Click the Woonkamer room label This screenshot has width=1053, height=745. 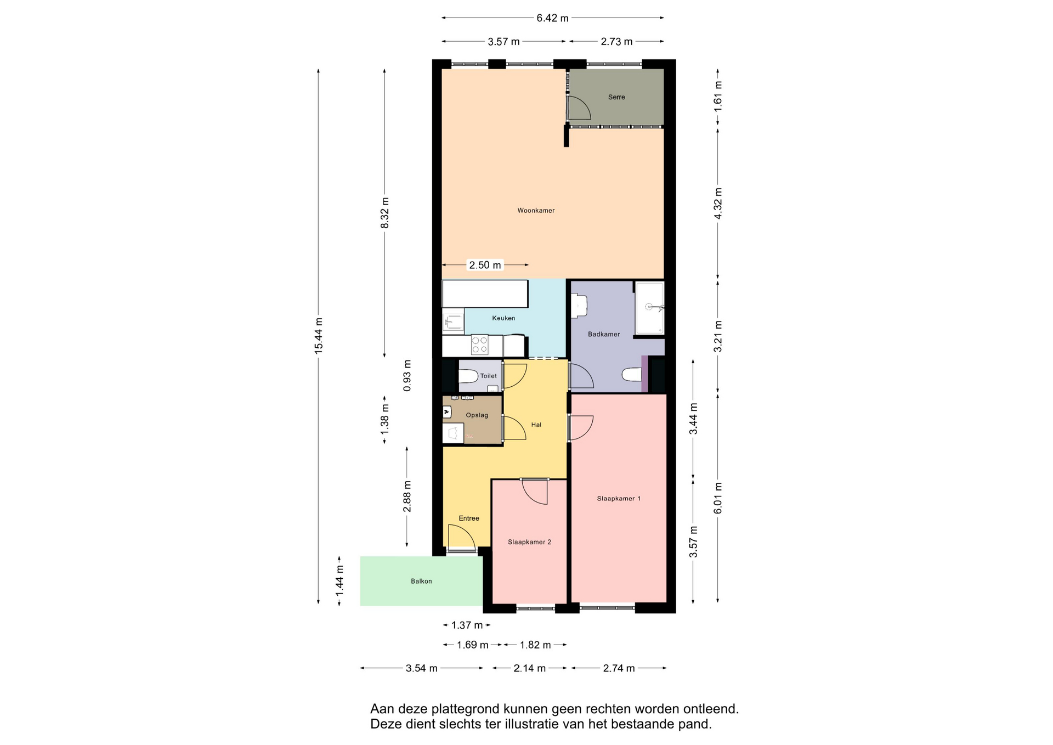click(536, 211)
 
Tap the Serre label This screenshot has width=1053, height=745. click(616, 97)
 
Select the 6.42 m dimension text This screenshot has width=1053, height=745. click(552, 18)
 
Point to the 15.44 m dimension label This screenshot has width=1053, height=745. click(319, 336)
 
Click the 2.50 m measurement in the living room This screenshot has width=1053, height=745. click(485, 265)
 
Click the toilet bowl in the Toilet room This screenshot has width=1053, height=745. click(468, 376)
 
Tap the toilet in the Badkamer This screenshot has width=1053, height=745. click(632, 375)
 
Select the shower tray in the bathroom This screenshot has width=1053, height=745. click(650, 308)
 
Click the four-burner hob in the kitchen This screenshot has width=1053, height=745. click(480, 345)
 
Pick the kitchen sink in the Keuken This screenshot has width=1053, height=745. click(454, 321)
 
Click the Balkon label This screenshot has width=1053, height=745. click(421, 582)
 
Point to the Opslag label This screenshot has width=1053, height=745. click(477, 415)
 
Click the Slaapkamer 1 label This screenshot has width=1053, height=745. click(619, 499)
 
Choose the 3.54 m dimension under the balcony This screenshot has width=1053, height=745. click(421, 668)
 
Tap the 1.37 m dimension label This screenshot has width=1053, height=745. click(467, 625)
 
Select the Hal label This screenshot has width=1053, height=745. click(536, 425)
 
